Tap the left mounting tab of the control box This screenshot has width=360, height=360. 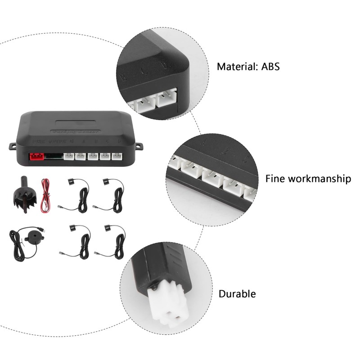point(13,146)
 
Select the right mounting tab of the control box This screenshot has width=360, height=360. point(139,146)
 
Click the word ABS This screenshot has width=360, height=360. point(270,67)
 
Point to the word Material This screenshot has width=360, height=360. point(236,67)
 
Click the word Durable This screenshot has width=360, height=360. point(237,294)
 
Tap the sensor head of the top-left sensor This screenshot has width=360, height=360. point(71,182)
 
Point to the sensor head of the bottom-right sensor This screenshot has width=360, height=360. point(108,228)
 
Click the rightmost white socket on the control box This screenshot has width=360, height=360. point(117,157)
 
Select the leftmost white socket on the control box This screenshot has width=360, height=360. point(69,157)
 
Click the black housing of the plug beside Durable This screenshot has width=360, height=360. point(155,266)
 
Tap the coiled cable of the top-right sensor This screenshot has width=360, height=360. point(118,198)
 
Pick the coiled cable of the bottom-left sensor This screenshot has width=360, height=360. point(84,245)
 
